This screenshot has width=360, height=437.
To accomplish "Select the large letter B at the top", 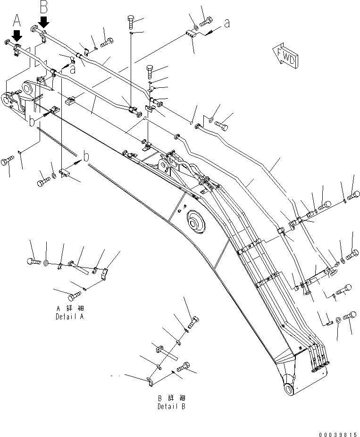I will pos(43,7).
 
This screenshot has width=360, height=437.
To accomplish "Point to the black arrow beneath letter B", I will pos(44,21).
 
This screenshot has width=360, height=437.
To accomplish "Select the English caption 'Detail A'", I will pos(69,317).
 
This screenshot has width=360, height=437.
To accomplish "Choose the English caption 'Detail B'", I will pos(171,406).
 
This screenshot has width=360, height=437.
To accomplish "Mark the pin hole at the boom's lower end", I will pos(289,388).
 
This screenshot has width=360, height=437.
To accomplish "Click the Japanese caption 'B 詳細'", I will pos(171,398).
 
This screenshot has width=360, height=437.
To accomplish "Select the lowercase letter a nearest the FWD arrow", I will pos(227,23).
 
